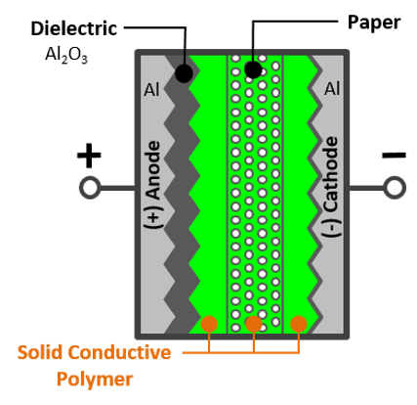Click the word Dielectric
(74, 28)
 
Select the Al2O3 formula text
(66, 55)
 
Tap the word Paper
(374, 23)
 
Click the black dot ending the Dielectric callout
(184, 73)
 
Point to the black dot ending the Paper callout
(253, 69)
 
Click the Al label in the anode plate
(151, 89)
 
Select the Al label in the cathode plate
(332, 89)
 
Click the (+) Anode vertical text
(152, 185)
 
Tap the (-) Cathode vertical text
(331, 187)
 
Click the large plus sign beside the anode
(89, 156)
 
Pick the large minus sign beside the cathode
(394, 155)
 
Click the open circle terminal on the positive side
(90, 188)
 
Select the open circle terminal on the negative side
(395, 188)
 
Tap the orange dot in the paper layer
(254, 324)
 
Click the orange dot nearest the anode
(209, 324)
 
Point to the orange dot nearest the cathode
(299, 324)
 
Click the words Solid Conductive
(94, 352)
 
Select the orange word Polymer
(95, 380)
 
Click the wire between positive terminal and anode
(117, 188)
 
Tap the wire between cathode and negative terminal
(366, 188)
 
